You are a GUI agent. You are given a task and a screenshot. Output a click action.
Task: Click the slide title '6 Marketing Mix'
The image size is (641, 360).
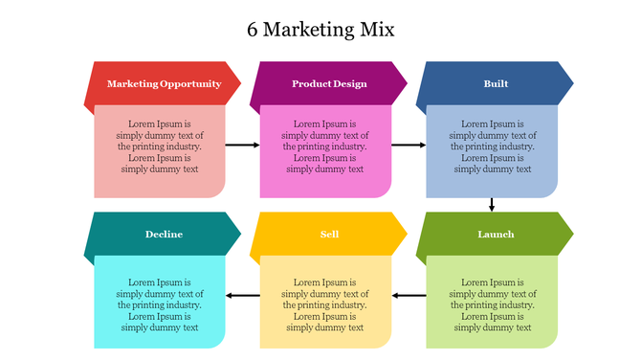coord(320,30)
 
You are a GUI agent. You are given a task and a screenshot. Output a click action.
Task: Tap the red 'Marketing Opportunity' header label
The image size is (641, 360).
coord(164,84)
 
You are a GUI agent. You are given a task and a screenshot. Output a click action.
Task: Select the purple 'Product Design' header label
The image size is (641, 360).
coord(329,84)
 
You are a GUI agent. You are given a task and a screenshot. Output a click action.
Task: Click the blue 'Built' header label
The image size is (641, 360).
coord(496,84)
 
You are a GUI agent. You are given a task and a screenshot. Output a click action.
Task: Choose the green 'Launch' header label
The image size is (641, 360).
coord(496,235)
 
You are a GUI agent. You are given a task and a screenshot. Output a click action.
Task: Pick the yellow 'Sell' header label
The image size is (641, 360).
coord(329,235)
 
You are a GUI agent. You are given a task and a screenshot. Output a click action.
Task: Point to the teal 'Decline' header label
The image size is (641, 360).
coord(164,235)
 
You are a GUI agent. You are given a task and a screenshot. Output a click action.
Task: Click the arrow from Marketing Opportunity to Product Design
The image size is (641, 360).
coord(242,146)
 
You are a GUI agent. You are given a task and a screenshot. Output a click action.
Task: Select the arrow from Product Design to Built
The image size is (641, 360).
coord(409,146)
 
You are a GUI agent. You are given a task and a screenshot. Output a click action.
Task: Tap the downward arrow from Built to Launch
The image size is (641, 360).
coord(492,204)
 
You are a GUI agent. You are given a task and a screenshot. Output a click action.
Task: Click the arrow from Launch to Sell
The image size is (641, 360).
coord(409,295)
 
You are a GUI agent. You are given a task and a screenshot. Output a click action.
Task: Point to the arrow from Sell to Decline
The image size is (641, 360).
coord(242,295)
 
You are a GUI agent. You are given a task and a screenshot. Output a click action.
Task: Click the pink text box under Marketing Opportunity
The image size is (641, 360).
coord(160,150)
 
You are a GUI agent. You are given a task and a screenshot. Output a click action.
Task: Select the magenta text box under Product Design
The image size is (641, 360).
coord(325,150)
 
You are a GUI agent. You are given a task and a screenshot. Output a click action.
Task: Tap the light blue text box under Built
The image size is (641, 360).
coord(492,150)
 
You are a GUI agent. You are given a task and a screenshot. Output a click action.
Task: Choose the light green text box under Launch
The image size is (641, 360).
coord(492,302)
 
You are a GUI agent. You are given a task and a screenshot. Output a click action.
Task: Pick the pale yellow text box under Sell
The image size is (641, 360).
coord(325,302)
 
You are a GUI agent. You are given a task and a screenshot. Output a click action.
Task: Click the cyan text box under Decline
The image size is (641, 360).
coord(160,302)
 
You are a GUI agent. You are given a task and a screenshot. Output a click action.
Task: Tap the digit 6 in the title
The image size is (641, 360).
coord(252,30)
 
